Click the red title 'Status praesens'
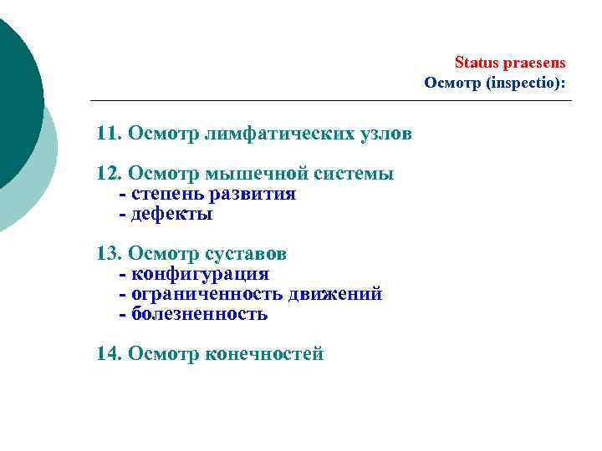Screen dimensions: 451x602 tap(509, 63)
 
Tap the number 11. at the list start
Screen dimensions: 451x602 tap(109, 134)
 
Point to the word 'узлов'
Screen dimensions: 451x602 tap(360, 134)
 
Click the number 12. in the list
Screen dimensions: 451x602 tap(109, 174)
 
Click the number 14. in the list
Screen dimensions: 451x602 tap(109, 354)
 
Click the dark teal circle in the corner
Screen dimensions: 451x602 tap(13, 92)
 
